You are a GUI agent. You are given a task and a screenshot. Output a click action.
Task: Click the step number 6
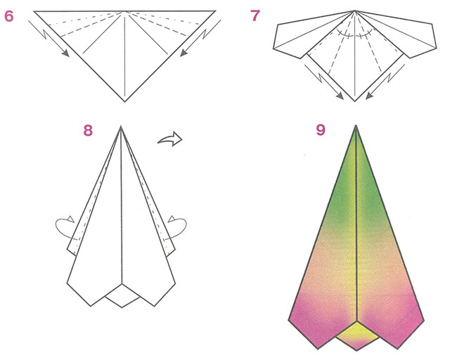pyautogui.click(x=9, y=16)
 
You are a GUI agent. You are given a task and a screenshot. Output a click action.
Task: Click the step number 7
pyautogui.click(x=255, y=15)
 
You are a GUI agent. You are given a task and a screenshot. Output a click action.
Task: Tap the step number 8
pyautogui.click(x=88, y=130)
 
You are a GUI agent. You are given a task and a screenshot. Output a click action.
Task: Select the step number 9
pyautogui.click(x=321, y=130)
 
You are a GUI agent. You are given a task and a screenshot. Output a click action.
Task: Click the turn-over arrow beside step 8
pyautogui.click(x=170, y=139)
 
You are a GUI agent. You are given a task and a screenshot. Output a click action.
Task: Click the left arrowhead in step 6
pyautogui.click(x=66, y=53)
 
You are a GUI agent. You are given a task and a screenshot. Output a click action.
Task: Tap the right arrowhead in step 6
pyautogui.click(x=184, y=53)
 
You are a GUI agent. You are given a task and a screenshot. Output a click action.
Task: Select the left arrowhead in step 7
pyautogui.click(x=340, y=96)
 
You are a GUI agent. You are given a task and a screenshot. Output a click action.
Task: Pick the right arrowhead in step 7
pyautogui.click(x=369, y=96)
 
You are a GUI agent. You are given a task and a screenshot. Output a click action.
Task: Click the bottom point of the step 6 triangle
pyautogui.click(x=125, y=101)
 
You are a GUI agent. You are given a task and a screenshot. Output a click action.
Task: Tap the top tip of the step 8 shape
pyautogui.click(x=120, y=126)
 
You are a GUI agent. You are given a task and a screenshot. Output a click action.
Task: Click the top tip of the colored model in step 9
pyautogui.click(x=356, y=126)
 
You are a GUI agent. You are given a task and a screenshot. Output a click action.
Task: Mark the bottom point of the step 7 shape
pyautogui.click(x=355, y=101)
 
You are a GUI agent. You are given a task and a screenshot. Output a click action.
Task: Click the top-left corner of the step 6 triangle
pyautogui.click(x=34, y=11)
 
